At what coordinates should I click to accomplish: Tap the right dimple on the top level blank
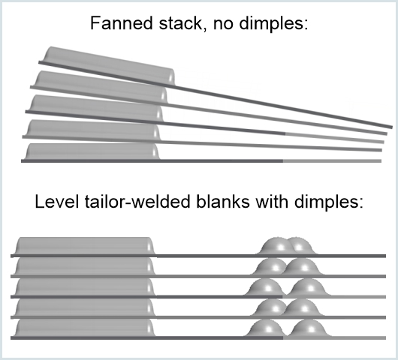tap(300, 247)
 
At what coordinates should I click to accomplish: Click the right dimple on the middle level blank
tap(304, 289)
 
